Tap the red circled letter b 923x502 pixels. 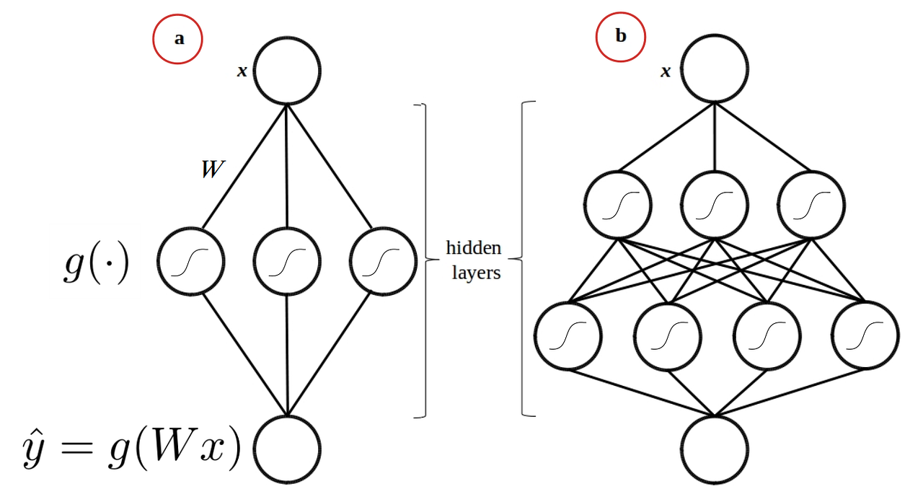[620, 36]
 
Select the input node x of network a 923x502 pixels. [287, 71]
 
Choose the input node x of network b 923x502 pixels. [715, 69]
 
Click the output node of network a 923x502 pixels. [287, 449]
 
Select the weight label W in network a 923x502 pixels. [213, 169]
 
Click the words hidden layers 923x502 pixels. [472, 260]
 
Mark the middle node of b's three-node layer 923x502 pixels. [715, 206]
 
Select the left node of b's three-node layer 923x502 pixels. [618, 206]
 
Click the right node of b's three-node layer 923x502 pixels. [812, 206]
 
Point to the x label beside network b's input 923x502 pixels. [666, 71]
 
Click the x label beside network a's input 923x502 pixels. [242, 71]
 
